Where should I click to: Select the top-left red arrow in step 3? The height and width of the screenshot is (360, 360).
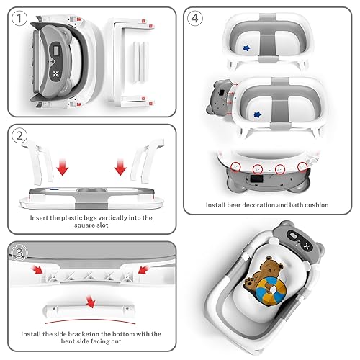click(x=37, y=270)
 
